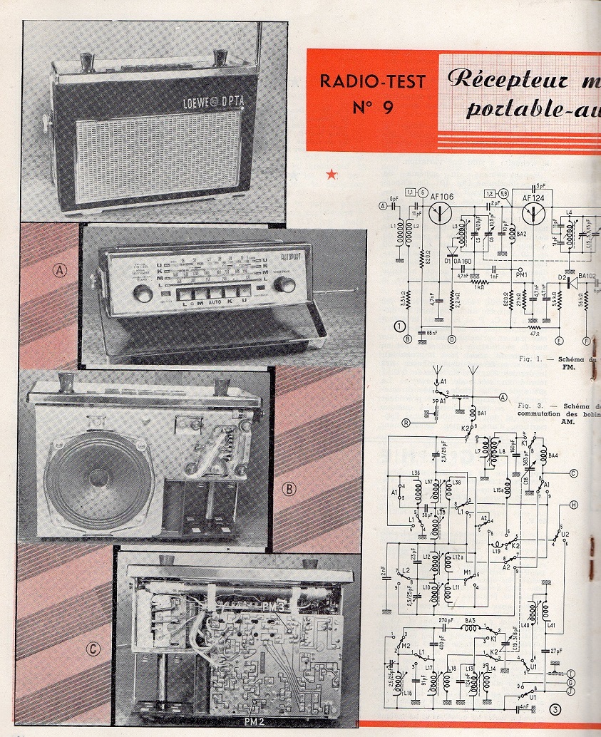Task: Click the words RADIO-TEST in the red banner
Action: (371, 81)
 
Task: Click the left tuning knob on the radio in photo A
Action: (143, 293)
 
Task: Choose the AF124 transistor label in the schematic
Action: (535, 197)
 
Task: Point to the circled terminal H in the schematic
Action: (573, 505)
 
